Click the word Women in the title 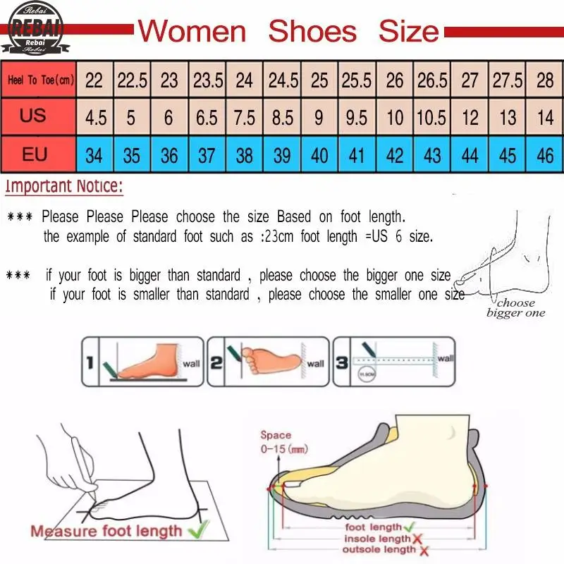coord(192,32)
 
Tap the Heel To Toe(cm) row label coord(40,80)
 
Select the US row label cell coord(33,116)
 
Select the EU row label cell coord(34,154)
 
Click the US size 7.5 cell coord(245,117)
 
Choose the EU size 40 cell coord(319,154)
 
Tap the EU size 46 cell coord(545,154)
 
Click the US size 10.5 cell coord(431,117)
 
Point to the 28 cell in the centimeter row coord(545,80)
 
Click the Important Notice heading coord(64,187)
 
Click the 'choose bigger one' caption coord(515,308)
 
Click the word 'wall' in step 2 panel coord(315,364)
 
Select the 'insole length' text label coord(377,539)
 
